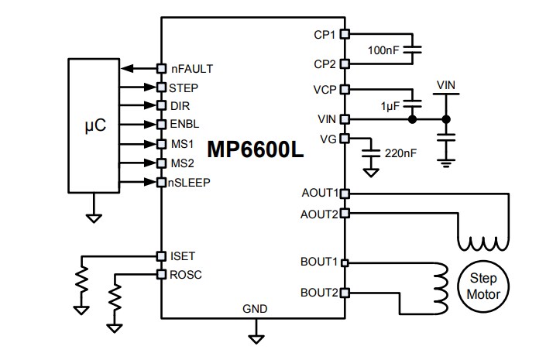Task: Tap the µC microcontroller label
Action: pos(94,125)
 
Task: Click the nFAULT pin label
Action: pos(191,68)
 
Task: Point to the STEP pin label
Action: pos(184,87)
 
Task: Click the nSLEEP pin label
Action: pos(190,182)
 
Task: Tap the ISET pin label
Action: pos(182,255)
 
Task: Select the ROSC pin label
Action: pos(185,274)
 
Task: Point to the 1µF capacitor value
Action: pos(390,105)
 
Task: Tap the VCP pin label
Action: pos(325,89)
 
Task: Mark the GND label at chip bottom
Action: pos(255,308)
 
